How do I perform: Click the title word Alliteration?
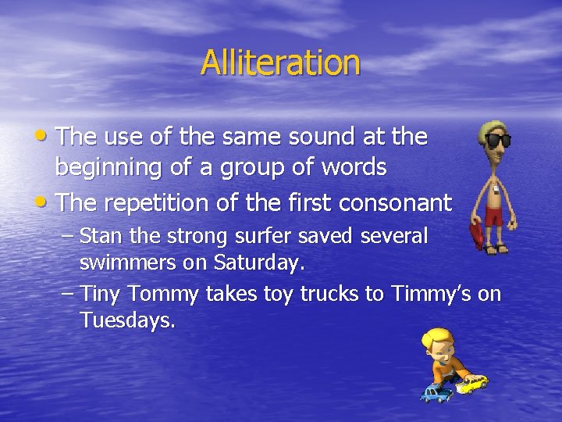click(280, 63)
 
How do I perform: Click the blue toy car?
click(436, 393)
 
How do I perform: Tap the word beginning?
click(110, 168)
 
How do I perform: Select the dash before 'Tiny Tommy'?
click(68, 293)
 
